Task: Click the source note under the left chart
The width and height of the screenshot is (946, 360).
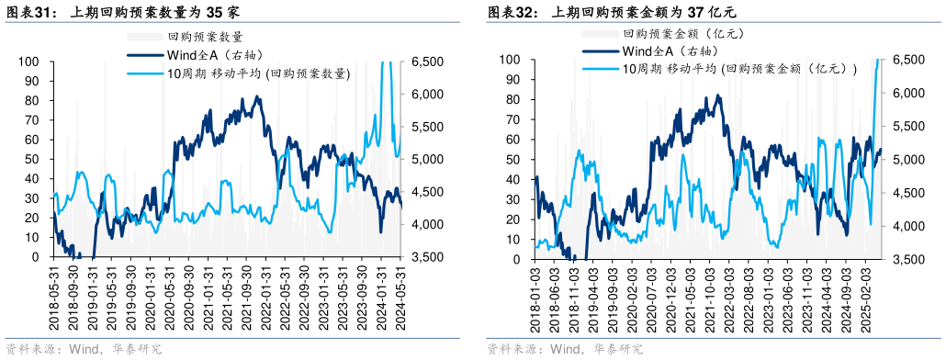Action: click(84, 349)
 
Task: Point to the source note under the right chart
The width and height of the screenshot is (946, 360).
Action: click(565, 349)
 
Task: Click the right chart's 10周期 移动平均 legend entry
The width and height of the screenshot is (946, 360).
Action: click(739, 69)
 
